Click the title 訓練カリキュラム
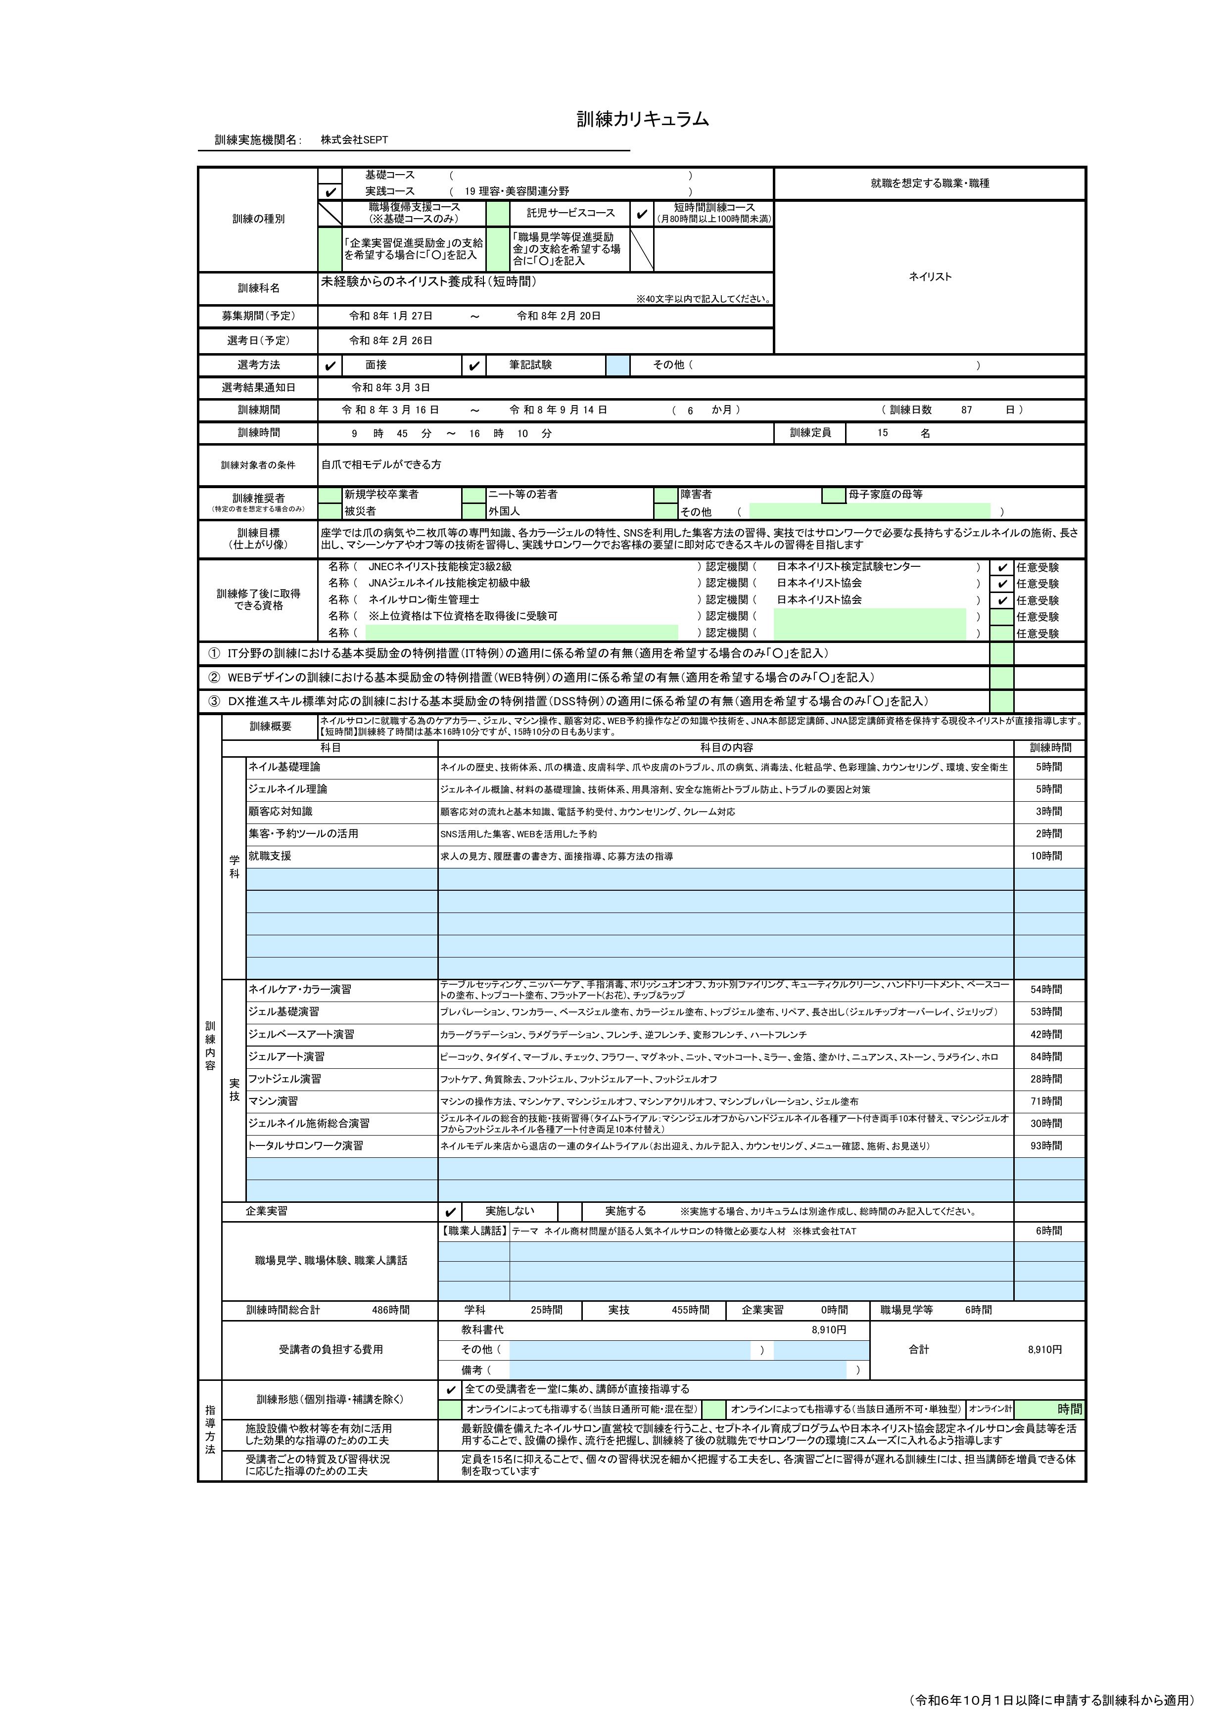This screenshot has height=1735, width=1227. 643,119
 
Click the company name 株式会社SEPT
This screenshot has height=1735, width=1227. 354,140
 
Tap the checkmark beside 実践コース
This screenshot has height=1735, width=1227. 330,192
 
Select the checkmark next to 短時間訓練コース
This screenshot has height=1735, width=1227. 642,214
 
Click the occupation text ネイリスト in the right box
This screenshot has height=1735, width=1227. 930,276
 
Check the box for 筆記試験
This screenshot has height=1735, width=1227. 473,365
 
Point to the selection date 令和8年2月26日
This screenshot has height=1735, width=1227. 391,341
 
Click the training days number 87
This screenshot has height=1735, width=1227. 966,411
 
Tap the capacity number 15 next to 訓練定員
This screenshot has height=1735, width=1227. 882,433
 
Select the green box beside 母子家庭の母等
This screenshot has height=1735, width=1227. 834,495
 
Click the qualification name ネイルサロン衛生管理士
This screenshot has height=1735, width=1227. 424,600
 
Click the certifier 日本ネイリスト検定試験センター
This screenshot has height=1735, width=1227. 848,567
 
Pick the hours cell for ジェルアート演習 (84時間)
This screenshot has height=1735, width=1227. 1048,1056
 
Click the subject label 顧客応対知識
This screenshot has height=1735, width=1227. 281,812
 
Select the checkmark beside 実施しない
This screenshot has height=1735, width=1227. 451,1212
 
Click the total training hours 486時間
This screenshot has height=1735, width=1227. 391,1310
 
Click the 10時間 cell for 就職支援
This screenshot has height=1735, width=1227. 1048,856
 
